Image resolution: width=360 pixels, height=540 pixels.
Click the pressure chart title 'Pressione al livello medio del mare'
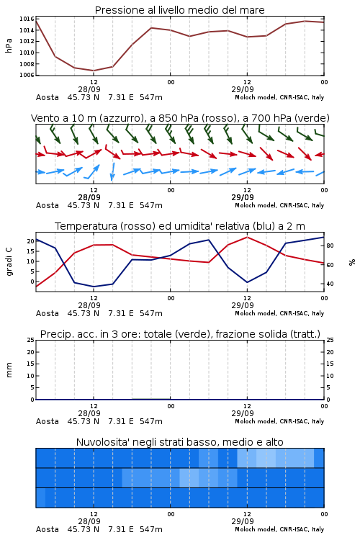pos(179,10)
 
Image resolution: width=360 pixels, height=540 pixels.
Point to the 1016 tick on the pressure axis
pos(27,19)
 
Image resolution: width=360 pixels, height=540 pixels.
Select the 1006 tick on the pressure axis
pos(27,75)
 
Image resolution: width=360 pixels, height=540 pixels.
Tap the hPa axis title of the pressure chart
pos(9,45)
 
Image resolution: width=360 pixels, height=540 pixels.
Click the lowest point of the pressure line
pos(94,71)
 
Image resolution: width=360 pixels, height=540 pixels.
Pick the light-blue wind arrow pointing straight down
pos(112,171)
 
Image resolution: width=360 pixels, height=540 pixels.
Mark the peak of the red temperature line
pos(247,237)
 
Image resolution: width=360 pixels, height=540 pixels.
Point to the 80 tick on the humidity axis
pos(330,246)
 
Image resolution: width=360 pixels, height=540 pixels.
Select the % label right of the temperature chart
pos(352,262)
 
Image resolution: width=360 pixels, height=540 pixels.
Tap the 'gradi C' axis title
pos(9,262)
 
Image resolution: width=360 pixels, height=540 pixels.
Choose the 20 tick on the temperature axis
pos(31,241)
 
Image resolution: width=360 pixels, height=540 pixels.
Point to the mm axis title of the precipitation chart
pos(9,370)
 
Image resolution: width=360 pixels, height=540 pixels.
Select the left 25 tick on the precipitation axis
pos(31,340)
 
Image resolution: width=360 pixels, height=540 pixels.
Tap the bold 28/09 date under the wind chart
pos(89,197)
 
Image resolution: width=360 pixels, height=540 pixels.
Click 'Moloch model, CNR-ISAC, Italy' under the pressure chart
pos(279,97)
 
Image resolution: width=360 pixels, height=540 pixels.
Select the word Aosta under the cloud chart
pos(48,529)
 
